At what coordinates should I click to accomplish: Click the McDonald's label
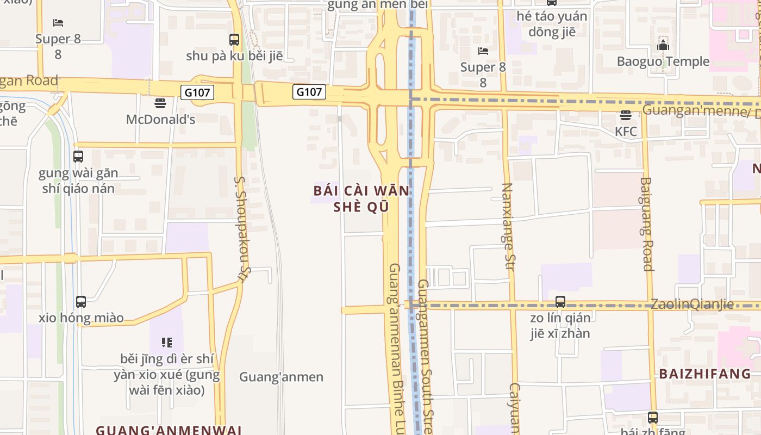pos(160,119)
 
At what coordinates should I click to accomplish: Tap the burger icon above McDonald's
pos(160,103)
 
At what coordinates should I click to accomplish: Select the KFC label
pos(626,132)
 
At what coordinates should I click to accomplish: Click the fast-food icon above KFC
pos(626,115)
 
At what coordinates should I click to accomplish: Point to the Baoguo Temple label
pos(663,61)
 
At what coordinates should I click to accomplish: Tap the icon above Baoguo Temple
pos(663,45)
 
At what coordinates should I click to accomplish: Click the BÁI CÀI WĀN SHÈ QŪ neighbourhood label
pos(361,199)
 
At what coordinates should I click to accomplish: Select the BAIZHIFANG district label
pos(705,374)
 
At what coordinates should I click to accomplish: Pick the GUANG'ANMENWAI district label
pos(169,430)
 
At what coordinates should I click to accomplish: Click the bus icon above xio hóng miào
pos(81,301)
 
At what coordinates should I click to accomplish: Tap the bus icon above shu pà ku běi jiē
pos(234,39)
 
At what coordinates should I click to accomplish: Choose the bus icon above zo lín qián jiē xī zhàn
pos(560,301)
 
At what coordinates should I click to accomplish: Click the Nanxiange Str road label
pos(507,226)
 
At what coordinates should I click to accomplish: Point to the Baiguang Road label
pos(646,224)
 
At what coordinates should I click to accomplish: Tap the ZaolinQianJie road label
pos(692,304)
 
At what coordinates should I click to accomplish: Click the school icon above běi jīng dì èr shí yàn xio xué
pos(166,343)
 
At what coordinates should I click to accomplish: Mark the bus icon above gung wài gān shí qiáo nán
pos(78,157)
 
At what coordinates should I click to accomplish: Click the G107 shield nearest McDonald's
pos(197,92)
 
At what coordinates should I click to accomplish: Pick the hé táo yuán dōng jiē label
pos(552,24)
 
